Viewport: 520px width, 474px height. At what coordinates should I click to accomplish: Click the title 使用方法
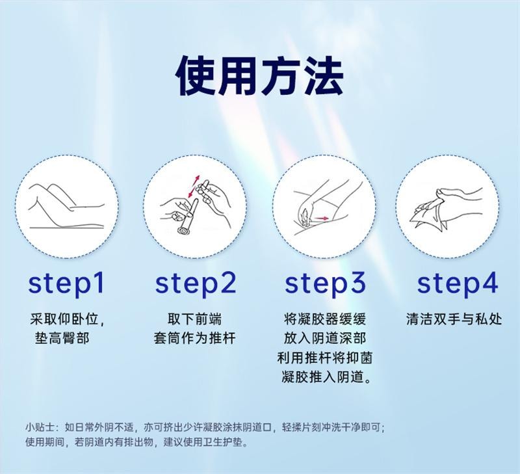260,77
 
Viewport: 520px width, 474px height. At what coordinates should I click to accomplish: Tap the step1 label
66,284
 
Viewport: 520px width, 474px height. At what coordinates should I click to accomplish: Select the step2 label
196,284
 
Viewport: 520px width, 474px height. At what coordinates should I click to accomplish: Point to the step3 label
326,284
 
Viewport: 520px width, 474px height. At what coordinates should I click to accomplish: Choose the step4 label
458,284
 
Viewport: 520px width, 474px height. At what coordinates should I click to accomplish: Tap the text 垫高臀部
62,339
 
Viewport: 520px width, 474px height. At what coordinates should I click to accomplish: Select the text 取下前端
194,319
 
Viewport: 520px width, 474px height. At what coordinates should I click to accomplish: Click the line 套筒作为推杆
194,339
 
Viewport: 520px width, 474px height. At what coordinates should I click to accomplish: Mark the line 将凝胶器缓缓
325,319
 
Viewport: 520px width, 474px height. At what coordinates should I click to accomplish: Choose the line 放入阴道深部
325,339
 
